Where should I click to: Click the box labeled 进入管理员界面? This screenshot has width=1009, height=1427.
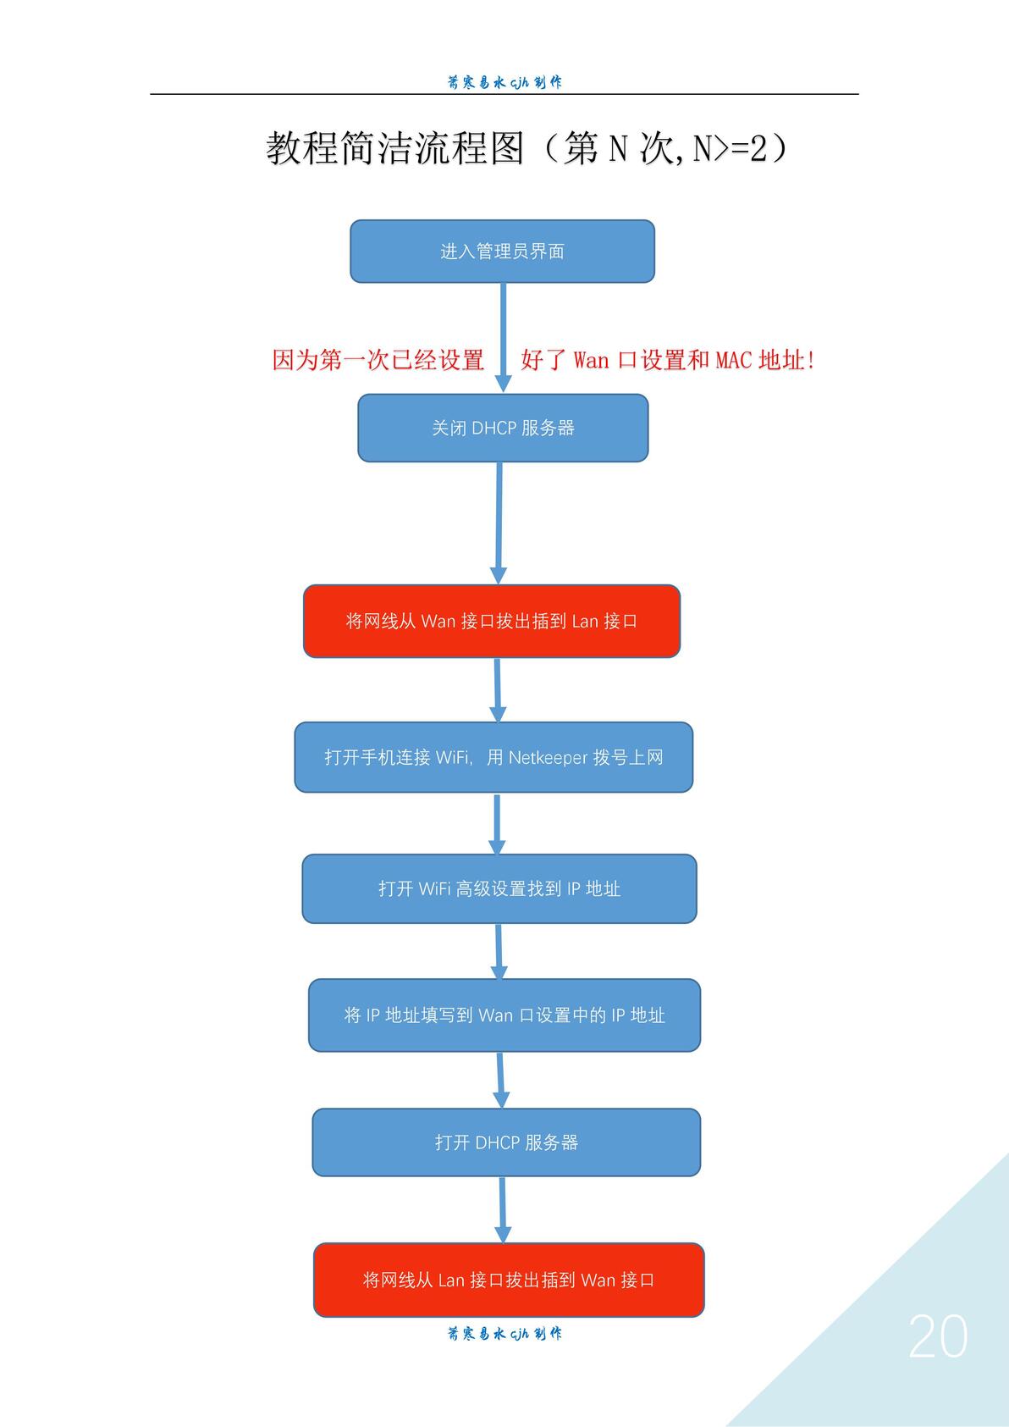(x=502, y=251)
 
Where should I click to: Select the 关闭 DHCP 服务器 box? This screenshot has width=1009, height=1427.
(x=503, y=428)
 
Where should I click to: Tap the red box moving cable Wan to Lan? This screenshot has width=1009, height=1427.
(x=492, y=621)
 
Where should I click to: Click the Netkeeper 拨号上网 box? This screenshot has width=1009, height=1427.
(x=493, y=757)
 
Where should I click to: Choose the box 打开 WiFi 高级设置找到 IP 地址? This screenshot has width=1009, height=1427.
(x=499, y=888)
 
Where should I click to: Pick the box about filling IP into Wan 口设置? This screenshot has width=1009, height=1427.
(x=504, y=1015)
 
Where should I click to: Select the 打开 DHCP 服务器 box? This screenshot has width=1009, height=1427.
(x=506, y=1142)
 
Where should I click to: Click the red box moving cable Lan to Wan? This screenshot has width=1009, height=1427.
(x=509, y=1279)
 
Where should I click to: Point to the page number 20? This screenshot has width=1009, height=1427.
(x=938, y=1336)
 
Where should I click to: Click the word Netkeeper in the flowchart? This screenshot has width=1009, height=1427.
(x=549, y=757)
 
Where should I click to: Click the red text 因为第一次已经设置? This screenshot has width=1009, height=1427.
(x=378, y=360)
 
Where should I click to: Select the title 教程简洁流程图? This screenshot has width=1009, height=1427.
(x=394, y=148)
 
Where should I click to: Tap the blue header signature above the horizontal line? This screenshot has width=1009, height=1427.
(x=504, y=82)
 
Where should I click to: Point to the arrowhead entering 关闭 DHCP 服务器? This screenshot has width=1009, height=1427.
(x=503, y=384)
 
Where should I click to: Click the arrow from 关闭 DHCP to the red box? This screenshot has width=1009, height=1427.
(x=499, y=523)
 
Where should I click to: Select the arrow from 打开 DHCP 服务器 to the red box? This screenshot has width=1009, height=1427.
(x=503, y=1209)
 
